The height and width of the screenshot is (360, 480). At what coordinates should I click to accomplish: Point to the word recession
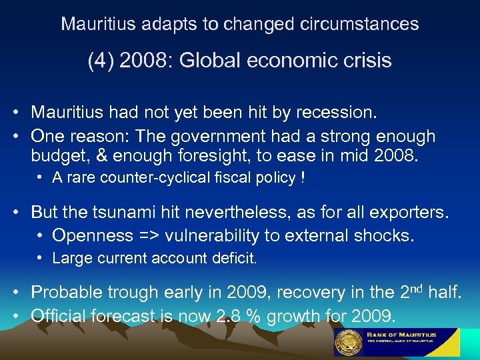click(340, 113)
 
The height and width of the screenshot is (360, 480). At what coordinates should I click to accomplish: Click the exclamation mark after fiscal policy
click(303, 178)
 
